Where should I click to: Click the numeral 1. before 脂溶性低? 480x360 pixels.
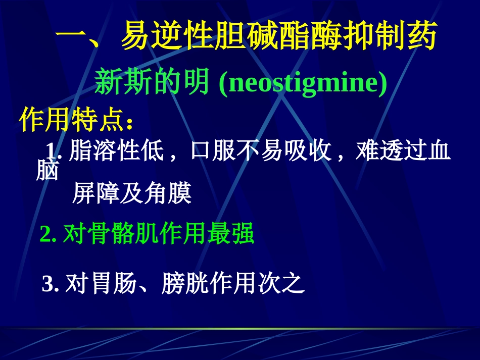click(x=54, y=151)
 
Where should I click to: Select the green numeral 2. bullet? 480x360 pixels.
click(x=49, y=235)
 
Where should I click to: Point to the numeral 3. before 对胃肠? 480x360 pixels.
click(x=51, y=285)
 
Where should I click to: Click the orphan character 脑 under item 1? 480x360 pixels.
click(x=47, y=172)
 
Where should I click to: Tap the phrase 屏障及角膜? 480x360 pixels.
click(x=131, y=193)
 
